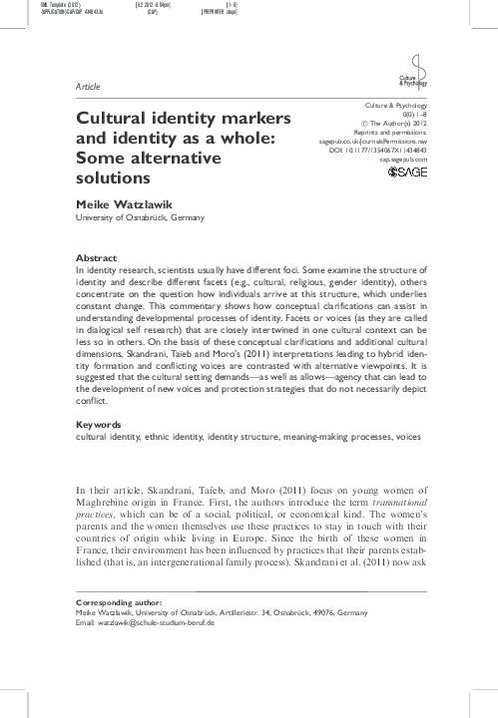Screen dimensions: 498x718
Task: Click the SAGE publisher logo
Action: click(x=405, y=173)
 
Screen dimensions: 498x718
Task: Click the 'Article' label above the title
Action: click(x=88, y=87)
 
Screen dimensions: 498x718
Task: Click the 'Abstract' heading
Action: click(x=97, y=257)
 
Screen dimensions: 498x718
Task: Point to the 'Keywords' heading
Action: click(x=100, y=453)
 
